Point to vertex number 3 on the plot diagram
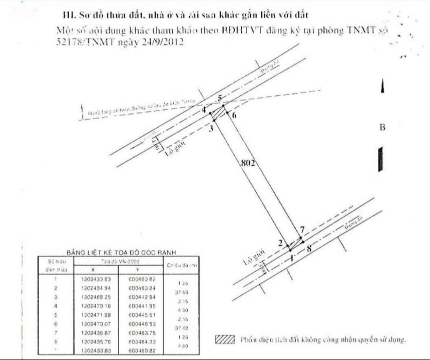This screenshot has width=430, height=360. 211,128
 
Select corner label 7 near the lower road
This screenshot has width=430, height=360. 302,229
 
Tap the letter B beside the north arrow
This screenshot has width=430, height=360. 382,127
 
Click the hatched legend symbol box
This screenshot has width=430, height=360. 225,339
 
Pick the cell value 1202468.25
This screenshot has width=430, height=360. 95,296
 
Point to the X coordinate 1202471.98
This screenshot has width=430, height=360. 95,314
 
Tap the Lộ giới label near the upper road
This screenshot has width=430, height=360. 172,149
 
